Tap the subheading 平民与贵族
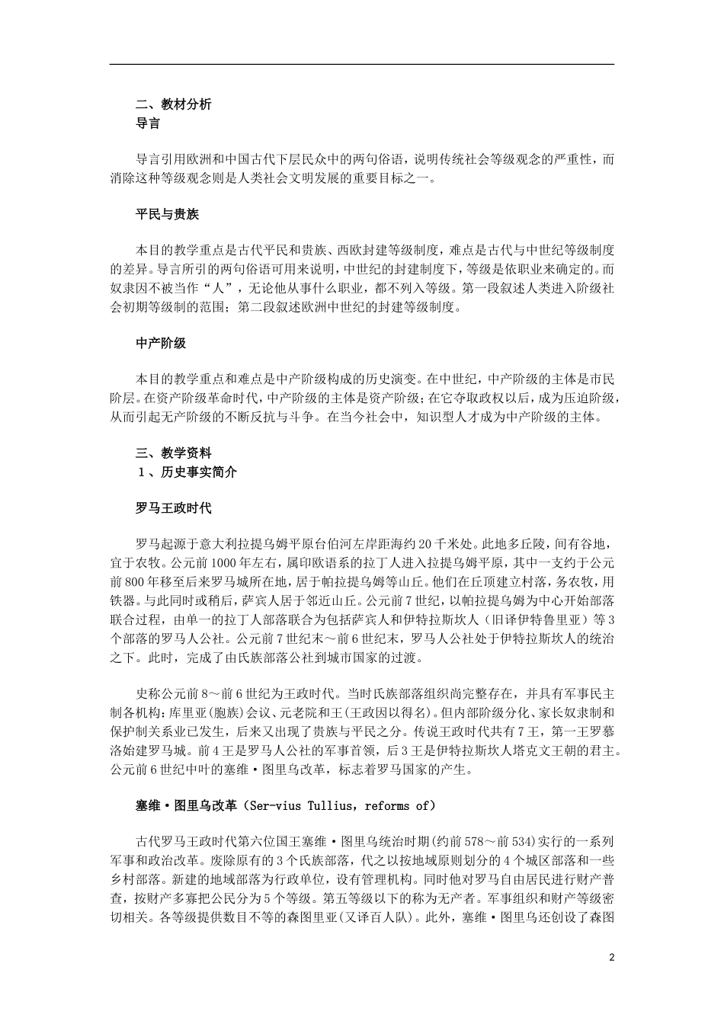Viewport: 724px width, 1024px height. (x=167, y=215)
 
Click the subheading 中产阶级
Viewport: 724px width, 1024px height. (x=161, y=344)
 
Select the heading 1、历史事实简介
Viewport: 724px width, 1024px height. (x=187, y=472)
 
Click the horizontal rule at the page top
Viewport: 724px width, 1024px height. (x=362, y=65)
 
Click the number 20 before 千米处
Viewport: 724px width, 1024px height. (x=425, y=545)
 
